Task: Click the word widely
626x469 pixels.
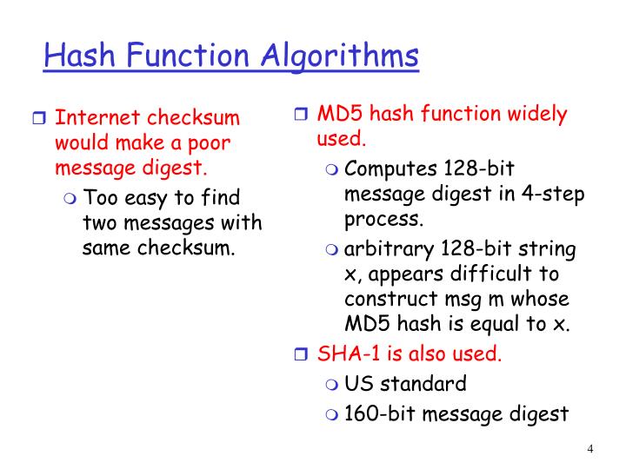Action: pos(536,114)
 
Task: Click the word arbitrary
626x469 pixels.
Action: pos(389,250)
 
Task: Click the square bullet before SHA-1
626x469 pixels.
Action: pos(300,355)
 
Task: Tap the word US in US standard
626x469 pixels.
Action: pos(358,383)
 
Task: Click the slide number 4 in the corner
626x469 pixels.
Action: pos(590,449)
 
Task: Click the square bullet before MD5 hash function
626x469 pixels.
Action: pos(300,115)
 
